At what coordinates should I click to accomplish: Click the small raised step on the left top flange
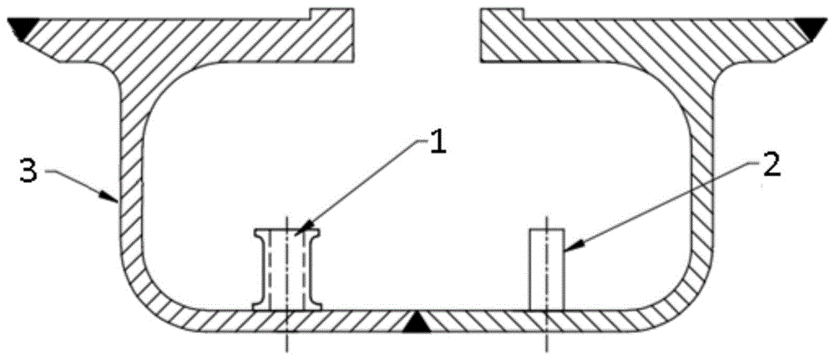pyautogui.click(x=331, y=12)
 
